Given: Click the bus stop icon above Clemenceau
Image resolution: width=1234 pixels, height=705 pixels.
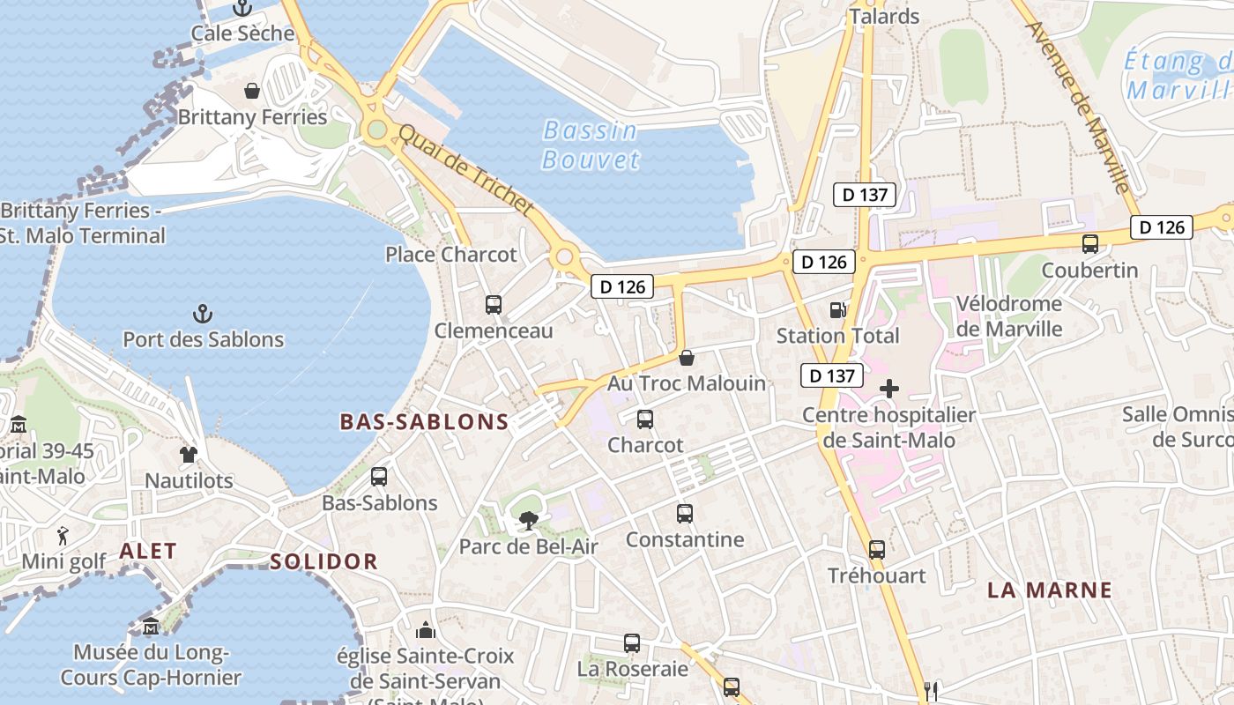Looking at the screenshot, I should [x=494, y=305].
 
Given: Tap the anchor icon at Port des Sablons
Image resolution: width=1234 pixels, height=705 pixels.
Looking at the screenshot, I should [x=203, y=313].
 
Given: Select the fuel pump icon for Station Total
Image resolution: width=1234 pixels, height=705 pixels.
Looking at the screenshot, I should [x=837, y=309].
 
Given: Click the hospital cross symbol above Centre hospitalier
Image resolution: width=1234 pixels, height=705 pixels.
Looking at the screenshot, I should [x=889, y=388].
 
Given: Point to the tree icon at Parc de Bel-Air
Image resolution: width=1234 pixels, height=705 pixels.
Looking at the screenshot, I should [x=528, y=520].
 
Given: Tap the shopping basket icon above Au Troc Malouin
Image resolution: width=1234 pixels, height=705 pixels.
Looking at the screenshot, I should [x=687, y=358].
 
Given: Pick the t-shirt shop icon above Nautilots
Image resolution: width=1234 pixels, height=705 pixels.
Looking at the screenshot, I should [x=189, y=455].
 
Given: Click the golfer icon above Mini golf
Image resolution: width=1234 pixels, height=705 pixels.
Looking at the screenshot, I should [x=63, y=535].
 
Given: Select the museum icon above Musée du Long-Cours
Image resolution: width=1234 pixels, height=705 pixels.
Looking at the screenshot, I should [x=151, y=627].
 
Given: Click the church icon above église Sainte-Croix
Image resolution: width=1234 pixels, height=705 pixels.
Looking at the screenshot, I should [x=426, y=630].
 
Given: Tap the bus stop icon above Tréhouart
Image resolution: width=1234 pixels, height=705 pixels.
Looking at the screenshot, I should [x=876, y=550].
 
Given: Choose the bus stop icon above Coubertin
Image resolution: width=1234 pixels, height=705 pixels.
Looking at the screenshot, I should [x=1090, y=244].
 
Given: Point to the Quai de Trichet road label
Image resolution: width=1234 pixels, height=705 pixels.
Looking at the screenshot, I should [x=466, y=170].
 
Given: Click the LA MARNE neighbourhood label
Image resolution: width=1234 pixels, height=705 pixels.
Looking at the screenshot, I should [x=1049, y=590].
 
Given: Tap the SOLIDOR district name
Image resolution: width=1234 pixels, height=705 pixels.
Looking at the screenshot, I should [x=323, y=561].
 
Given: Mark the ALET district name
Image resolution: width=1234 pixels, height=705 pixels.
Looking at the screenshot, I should [x=148, y=551].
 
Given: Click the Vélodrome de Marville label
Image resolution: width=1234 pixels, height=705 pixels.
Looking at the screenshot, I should [x=1009, y=316].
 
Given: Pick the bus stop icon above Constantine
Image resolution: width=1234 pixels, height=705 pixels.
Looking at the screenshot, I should [x=685, y=513].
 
